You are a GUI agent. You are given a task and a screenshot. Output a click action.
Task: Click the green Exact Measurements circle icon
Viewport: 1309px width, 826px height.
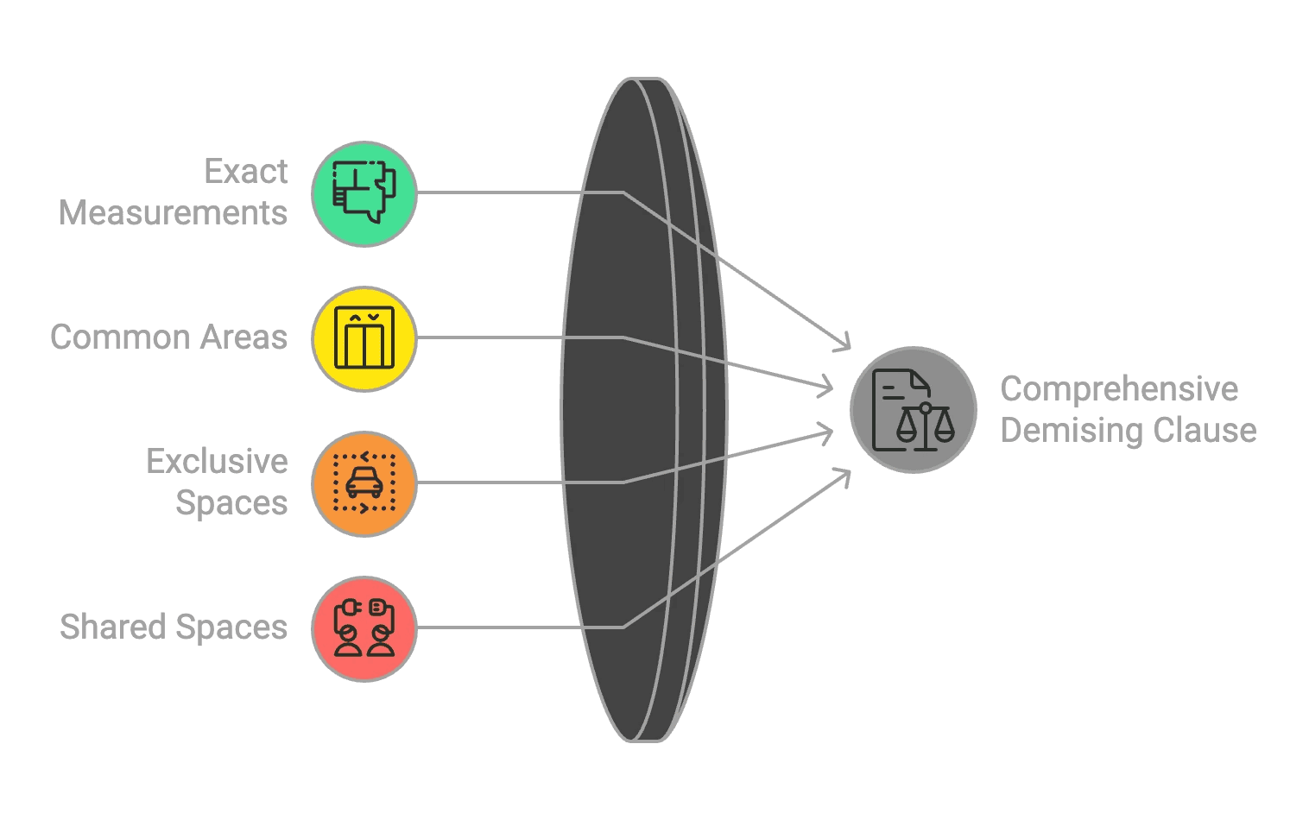point(364,194)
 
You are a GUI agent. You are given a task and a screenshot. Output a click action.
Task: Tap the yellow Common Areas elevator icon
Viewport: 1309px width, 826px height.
point(364,338)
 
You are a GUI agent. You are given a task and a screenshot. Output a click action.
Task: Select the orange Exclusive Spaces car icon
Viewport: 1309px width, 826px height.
point(364,483)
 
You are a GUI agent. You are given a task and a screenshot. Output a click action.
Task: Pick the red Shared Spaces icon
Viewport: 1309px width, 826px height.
point(364,628)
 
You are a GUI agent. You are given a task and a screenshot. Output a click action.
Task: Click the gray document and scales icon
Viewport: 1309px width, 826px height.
point(913,410)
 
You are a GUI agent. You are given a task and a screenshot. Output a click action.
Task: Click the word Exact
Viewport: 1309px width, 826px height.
point(245,172)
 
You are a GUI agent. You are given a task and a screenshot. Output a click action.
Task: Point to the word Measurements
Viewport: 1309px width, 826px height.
point(173,213)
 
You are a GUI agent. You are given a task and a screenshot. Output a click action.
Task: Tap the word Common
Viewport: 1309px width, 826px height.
point(120,337)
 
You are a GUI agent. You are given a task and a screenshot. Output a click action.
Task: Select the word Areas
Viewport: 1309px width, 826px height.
point(243,337)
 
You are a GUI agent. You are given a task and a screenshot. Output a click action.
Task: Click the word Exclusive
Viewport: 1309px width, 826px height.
point(217,462)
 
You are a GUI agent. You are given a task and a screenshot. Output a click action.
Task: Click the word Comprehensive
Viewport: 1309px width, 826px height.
point(1119,389)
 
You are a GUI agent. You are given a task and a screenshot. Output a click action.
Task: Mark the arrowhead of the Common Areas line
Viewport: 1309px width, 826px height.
point(827,388)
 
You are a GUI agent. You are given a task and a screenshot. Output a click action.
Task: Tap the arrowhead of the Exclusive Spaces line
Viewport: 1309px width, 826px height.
point(827,432)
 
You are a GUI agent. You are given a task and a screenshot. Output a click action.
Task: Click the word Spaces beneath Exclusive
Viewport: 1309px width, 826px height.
point(231,503)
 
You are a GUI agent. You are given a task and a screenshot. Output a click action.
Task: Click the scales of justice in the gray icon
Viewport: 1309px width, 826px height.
point(926,426)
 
